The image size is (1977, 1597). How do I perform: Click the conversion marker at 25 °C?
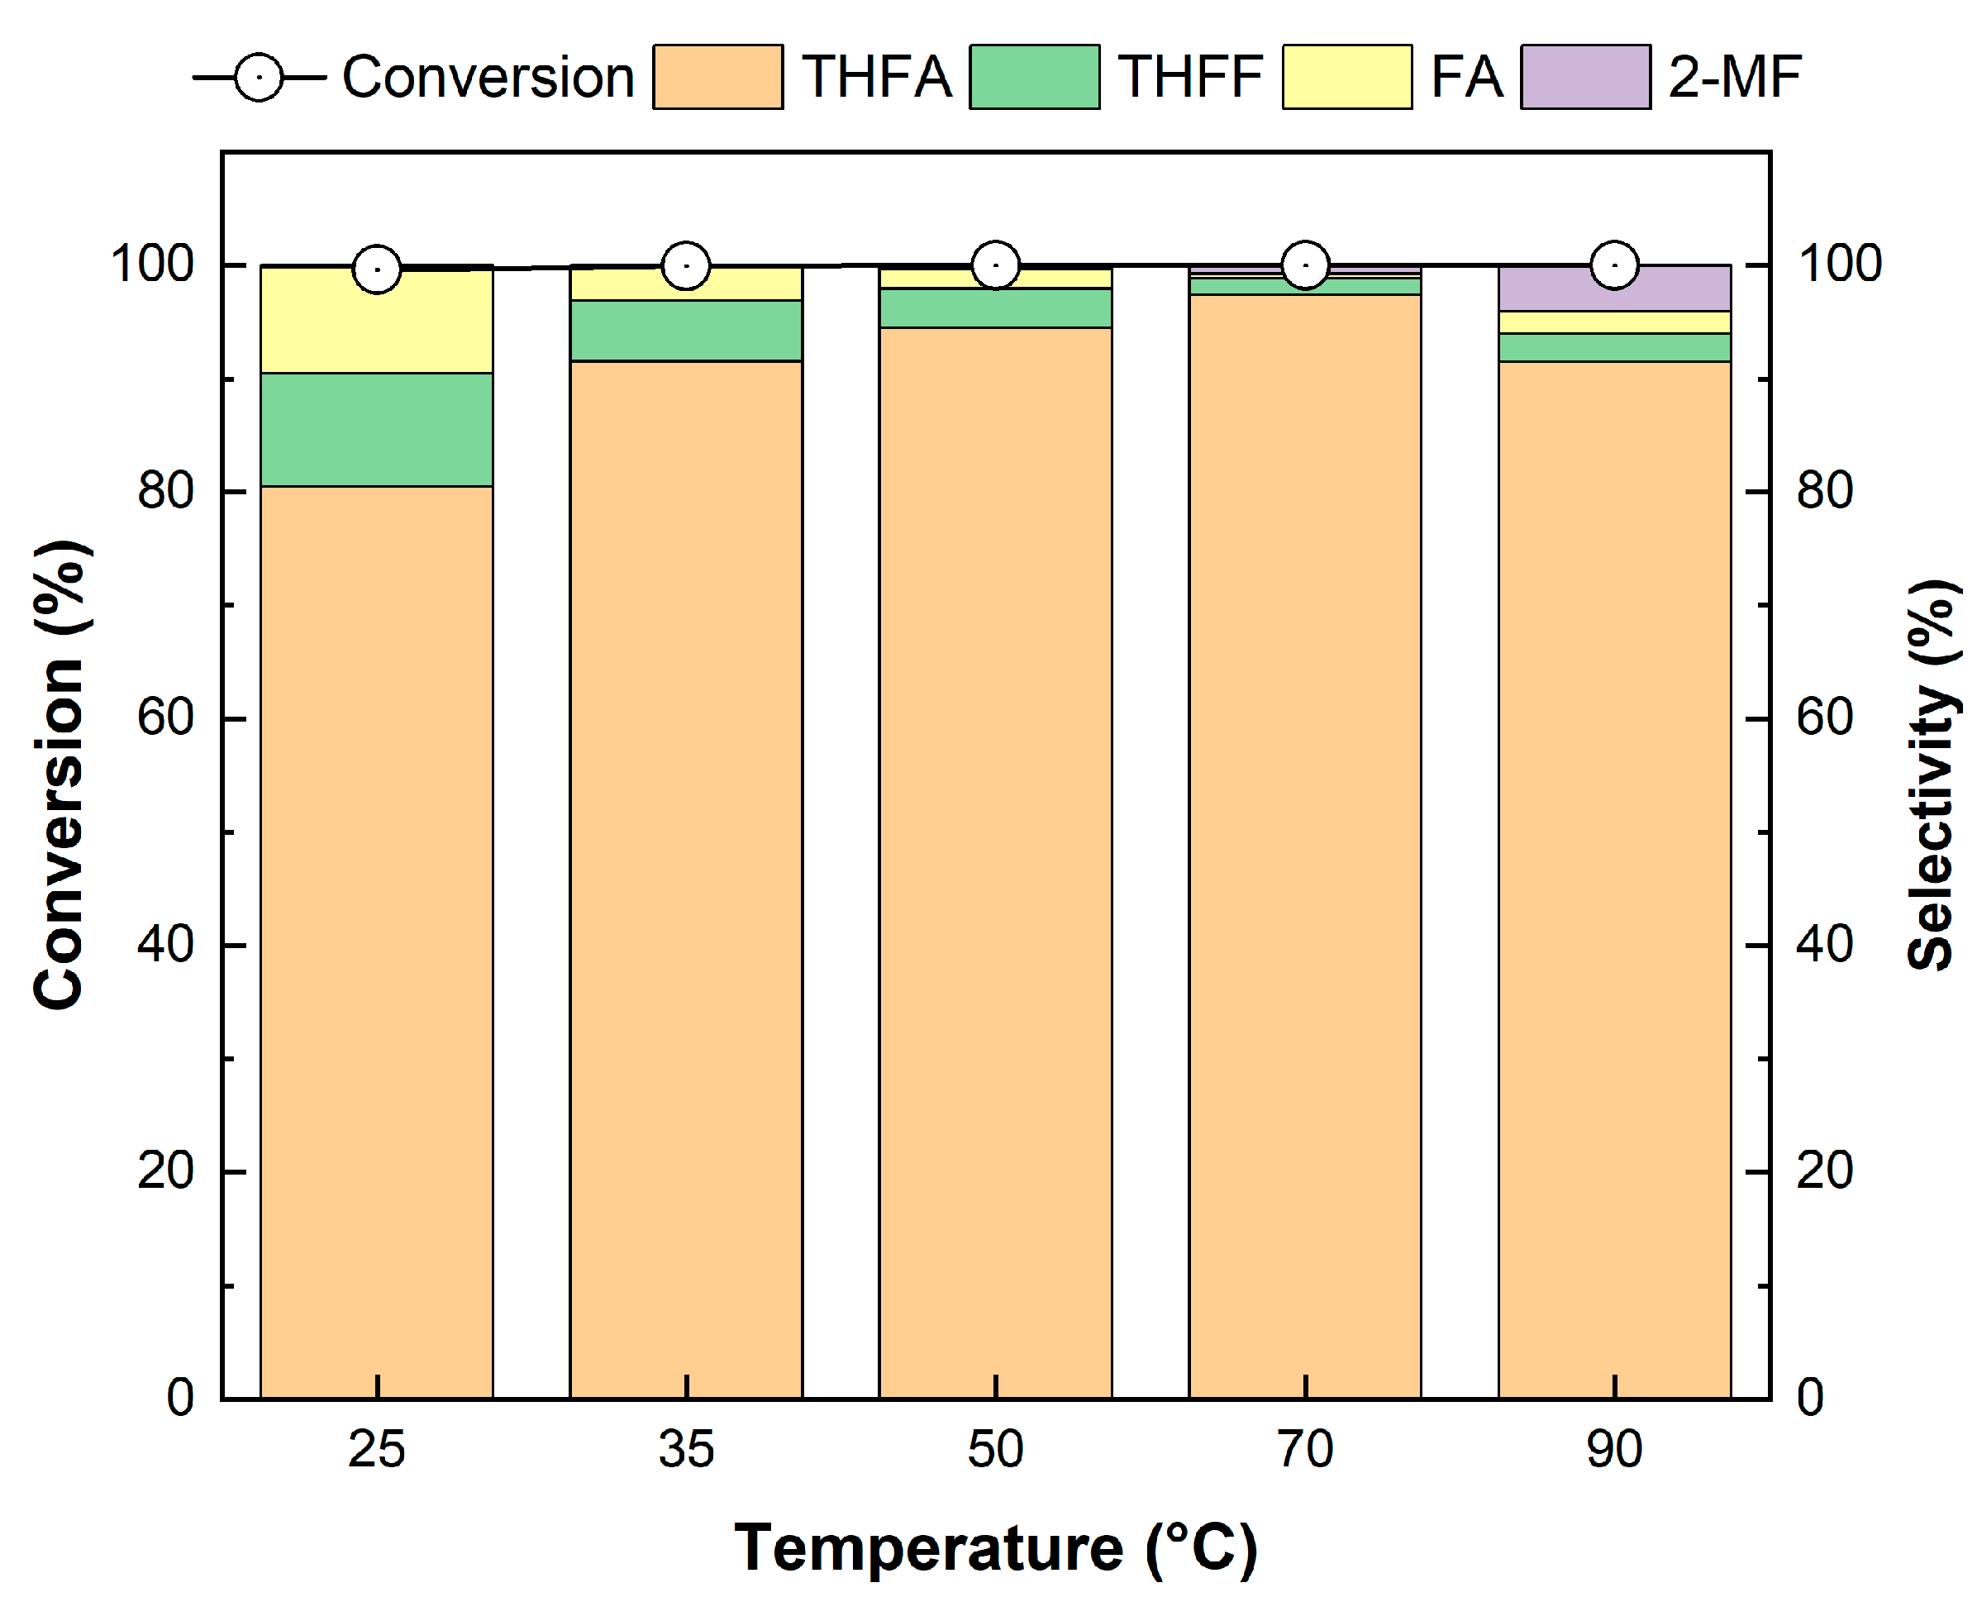point(377,269)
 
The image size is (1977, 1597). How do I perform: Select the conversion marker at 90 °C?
point(1614,266)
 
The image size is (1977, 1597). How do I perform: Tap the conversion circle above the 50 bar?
point(995,266)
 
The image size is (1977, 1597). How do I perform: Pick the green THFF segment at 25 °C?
point(377,430)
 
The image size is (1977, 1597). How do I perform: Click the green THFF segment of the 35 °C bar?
point(686,331)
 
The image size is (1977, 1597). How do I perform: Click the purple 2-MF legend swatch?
point(1585,77)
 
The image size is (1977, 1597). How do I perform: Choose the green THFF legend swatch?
point(1034,77)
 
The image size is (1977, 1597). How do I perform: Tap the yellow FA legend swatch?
point(1347,77)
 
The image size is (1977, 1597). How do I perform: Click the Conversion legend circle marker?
point(259,77)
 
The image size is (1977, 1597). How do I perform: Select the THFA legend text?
point(876,77)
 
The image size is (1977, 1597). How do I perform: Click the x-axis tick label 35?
point(686,1450)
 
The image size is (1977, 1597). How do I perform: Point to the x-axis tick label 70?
point(1304,1450)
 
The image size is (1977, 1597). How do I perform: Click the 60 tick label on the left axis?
point(165,717)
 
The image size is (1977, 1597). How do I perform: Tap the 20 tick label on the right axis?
point(1824,1171)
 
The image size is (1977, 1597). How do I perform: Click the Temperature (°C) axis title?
point(995,1548)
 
